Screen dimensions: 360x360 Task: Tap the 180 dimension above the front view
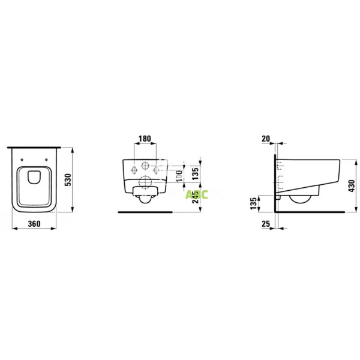[144, 139]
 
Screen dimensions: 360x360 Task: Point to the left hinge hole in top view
[22, 159]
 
